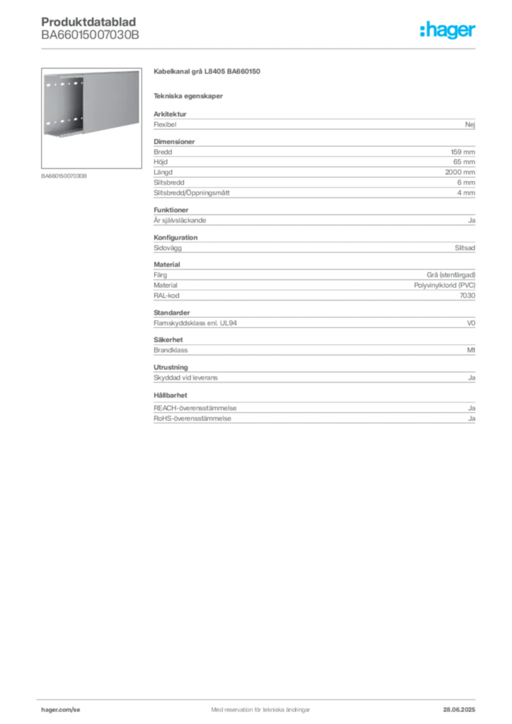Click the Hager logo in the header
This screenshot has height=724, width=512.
tap(448, 30)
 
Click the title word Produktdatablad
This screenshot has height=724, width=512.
tap(88, 22)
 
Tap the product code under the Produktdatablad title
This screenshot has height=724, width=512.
tap(90, 35)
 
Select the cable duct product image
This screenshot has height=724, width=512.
tap(91, 118)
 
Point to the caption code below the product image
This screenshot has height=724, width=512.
tap(64, 176)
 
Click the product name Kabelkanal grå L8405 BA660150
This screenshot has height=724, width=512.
tap(206, 71)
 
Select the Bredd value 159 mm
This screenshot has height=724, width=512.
tap(463, 152)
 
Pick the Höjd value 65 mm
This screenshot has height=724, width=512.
tap(464, 162)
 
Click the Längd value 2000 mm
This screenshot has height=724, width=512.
tap(460, 173)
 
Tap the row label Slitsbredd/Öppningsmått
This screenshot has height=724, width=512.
tap(192, 193)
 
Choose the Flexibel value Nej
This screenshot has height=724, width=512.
tap(470, 124)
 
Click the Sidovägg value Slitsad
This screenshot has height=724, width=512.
tap(465, 248)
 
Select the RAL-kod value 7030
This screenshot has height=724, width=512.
tap(467, 296)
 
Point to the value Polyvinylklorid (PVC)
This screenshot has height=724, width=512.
tap(445, 286)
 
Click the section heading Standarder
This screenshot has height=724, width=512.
tap(172, 313)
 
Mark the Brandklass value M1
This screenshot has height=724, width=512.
tap(471, 351)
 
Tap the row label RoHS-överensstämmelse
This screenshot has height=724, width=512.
tap(192, 419)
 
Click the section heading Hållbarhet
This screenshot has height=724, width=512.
tap(170, 395)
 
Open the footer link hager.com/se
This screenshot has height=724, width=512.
tap(61, 710)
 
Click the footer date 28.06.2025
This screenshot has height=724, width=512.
tap(459, 710)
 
